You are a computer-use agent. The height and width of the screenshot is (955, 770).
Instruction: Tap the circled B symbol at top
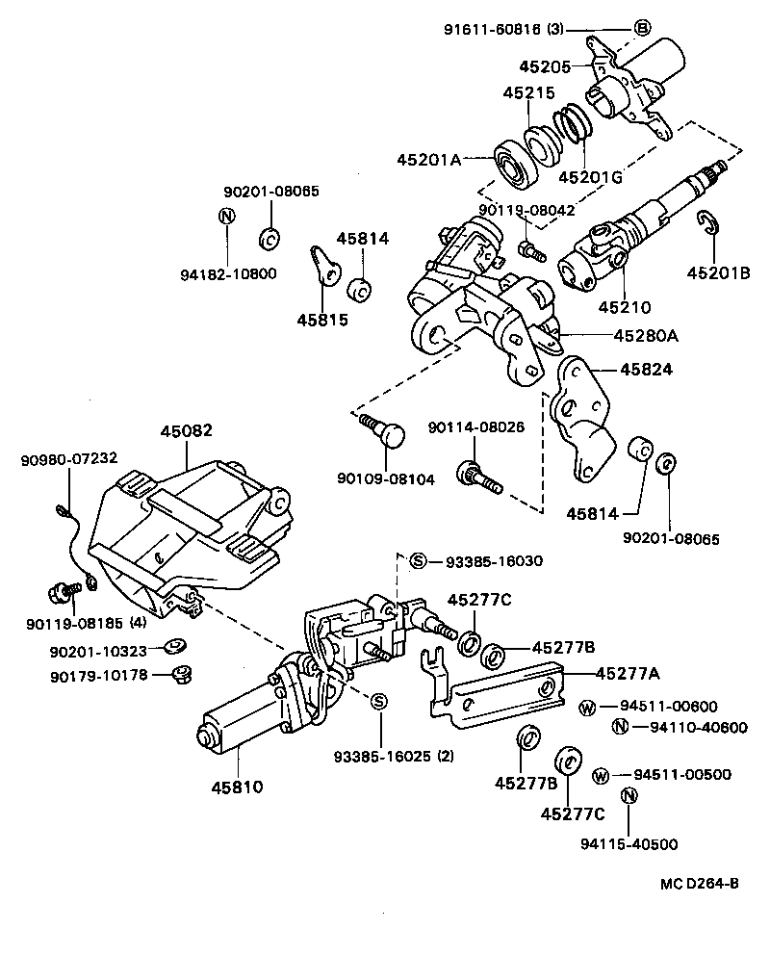(642, 28)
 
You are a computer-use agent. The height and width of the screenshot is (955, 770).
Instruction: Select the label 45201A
(429, 160)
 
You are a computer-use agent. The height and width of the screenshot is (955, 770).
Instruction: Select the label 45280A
(647, 335)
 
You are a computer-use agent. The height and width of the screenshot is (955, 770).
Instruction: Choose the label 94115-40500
(629, 844)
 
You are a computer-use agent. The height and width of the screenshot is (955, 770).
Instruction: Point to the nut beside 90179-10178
(178, 673)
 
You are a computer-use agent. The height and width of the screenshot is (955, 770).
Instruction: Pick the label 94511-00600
(678, 707)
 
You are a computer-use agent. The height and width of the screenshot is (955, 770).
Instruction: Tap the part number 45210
(625, 308)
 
